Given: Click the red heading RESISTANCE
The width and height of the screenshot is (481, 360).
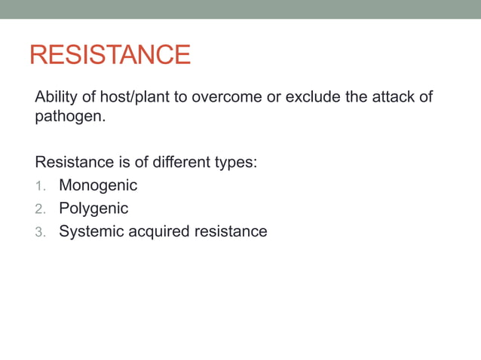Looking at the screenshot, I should tap(109, 55).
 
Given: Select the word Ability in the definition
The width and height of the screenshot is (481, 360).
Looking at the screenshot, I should tap(55, 99).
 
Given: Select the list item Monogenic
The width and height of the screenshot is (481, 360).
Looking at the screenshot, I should tap(98, 185).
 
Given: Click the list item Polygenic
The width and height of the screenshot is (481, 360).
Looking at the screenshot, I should tap(93, 209).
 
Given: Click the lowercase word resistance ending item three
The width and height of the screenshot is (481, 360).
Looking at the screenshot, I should tap(231, 231).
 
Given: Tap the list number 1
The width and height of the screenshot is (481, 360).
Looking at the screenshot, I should tap(40, 185).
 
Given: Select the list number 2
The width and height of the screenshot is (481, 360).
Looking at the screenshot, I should tap(40, 209).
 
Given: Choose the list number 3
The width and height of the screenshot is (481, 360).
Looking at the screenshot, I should tap(40, 232).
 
